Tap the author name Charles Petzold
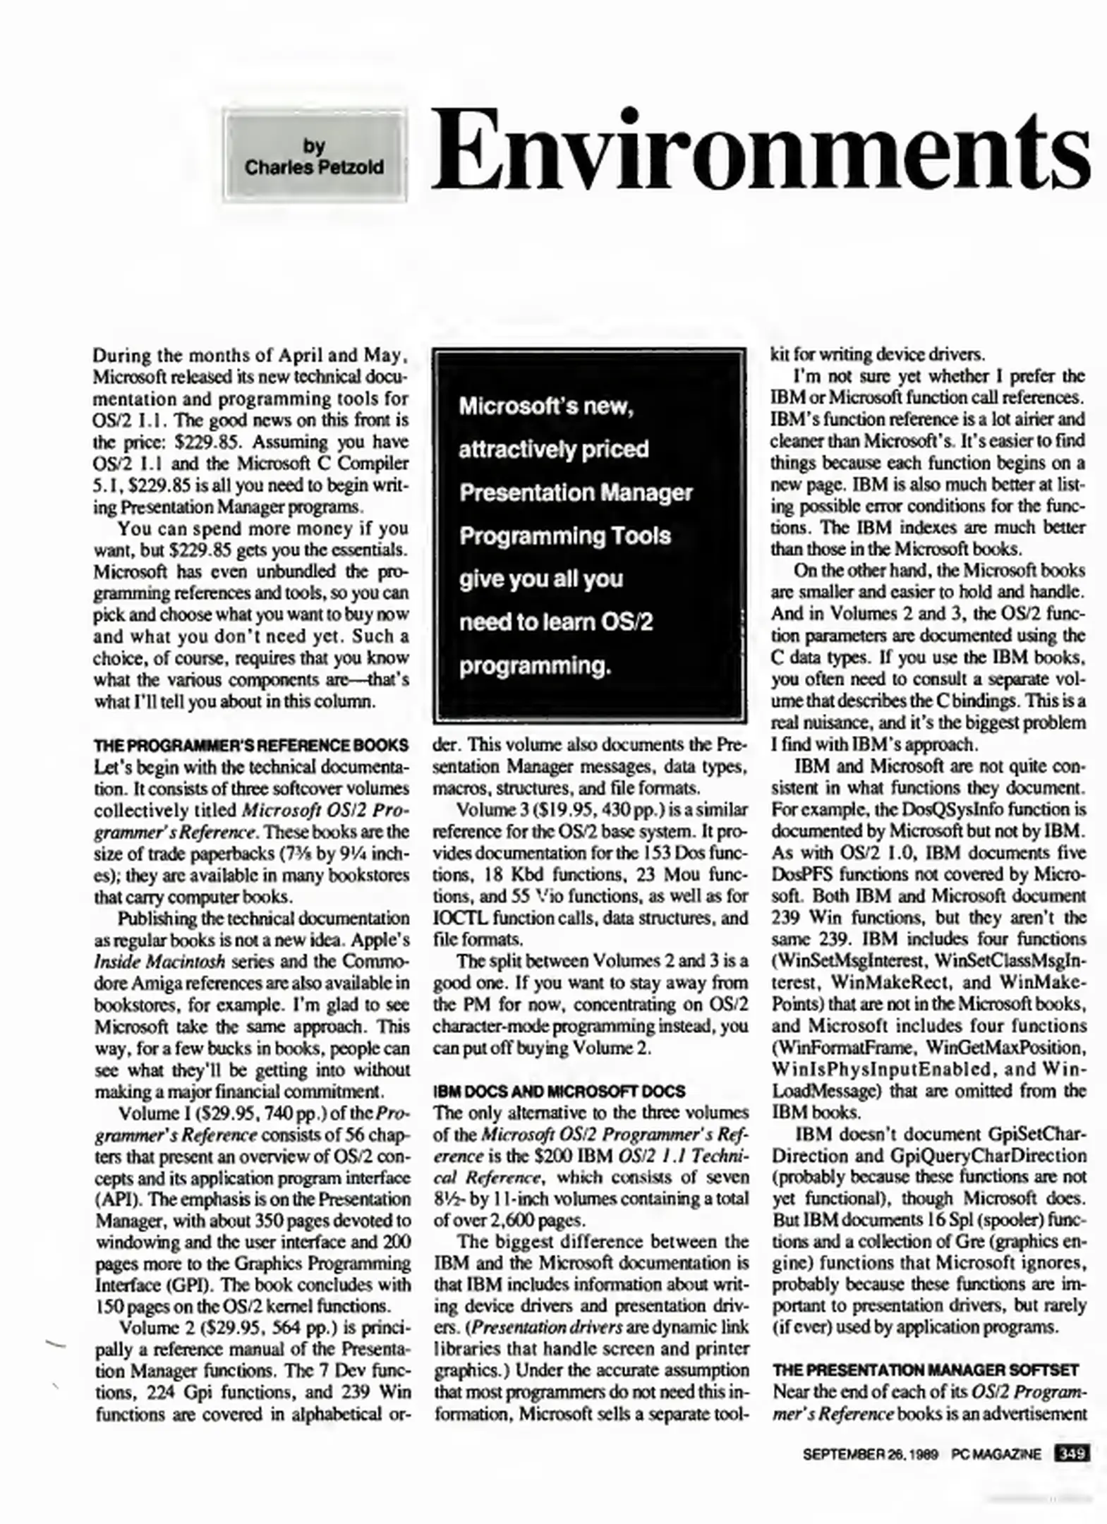[313, 168]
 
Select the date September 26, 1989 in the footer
[869, 1455]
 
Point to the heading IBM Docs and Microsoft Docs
[559, 1091]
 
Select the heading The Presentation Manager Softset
[926, 1370]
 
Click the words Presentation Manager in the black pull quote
[575, 492]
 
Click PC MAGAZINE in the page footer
[996, 1455]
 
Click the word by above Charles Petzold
[313, 147]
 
